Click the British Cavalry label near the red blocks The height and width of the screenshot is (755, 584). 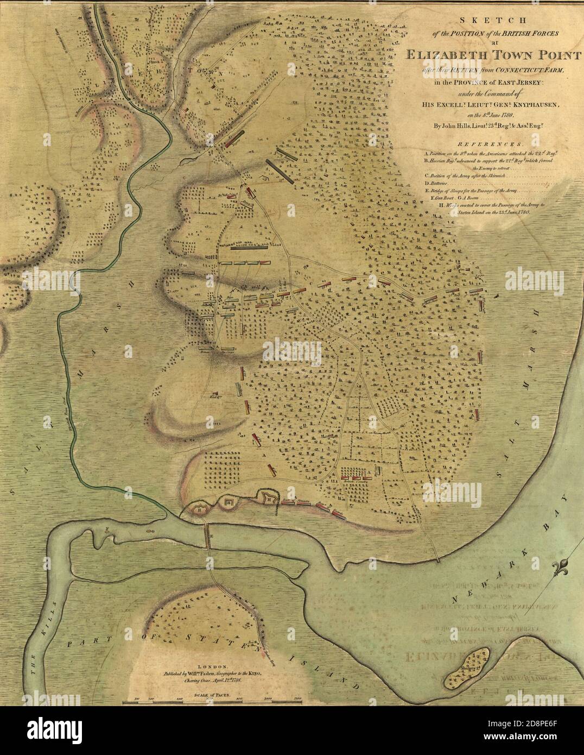356,479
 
